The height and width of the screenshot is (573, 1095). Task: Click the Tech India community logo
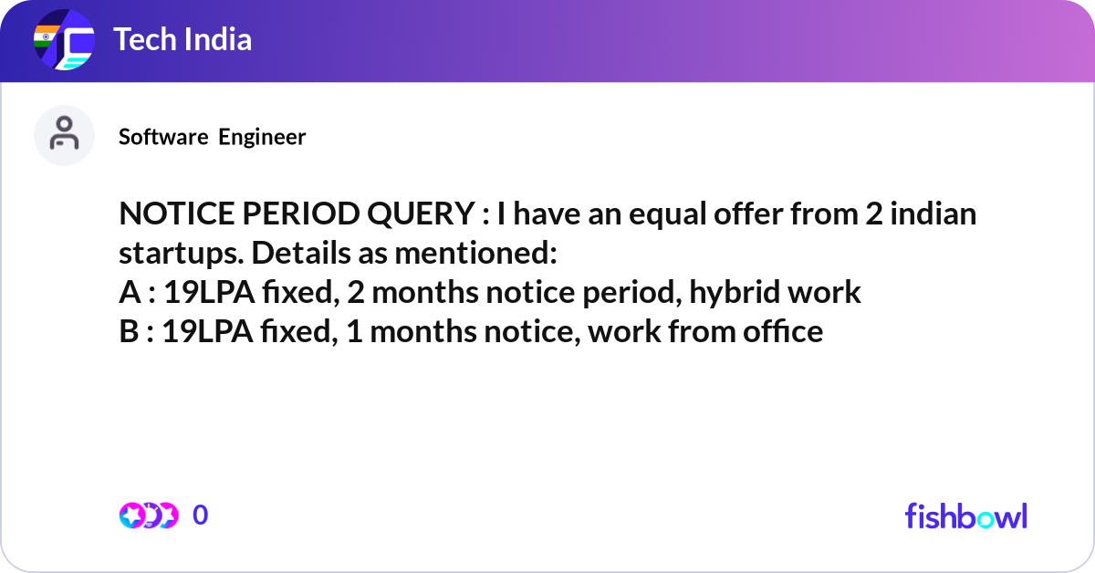pos(64,41)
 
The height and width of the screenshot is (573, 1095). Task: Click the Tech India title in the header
pos(182,40)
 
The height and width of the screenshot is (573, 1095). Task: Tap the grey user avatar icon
pos(64,135)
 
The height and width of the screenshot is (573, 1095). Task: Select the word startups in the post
pos(171,255)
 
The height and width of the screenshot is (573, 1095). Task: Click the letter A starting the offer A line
pos(129,292)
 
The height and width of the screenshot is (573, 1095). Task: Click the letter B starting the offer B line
pos(129,331)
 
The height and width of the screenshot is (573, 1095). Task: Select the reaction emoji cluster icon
pos(148,516)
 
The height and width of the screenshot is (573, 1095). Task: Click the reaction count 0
pos(201,516)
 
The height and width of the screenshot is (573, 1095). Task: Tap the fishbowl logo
pos(965,516)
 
